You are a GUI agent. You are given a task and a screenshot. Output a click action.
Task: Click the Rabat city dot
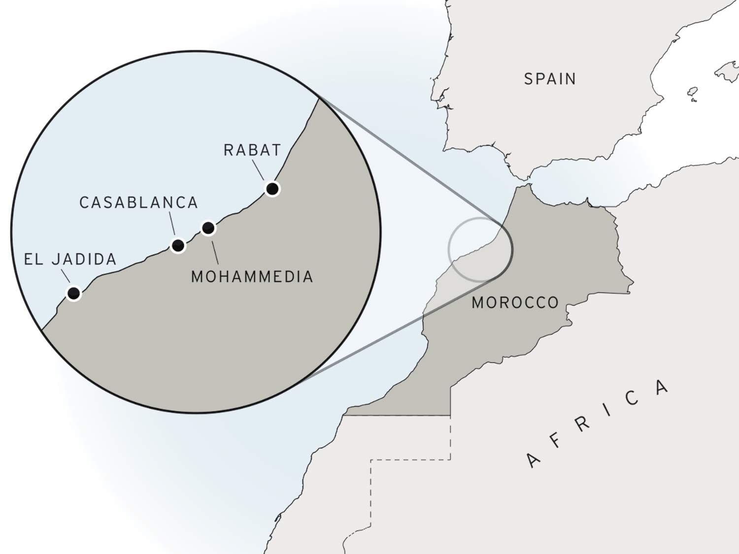click(x=272, y=189)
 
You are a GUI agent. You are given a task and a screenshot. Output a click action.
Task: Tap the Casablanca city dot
click(x=178, y=245)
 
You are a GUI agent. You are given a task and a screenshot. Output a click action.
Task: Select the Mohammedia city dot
click(x=208, y=228)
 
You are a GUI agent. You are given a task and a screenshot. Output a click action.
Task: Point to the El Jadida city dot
click(x=73, y=293)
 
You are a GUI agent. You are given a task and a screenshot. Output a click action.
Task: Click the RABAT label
click(x=252, y=150)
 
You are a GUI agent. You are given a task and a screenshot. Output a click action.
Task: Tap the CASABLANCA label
click(x=138, y=202)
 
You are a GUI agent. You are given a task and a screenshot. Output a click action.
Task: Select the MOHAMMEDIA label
click(x=252, y=277)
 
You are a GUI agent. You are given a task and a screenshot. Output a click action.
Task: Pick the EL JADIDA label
click(x=70, y=260)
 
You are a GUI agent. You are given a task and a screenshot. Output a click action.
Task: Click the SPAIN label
click(x=550, y=79)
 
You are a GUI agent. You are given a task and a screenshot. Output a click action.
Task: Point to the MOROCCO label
click(x=515, y=302)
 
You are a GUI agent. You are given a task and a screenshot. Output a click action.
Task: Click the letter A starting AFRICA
click(x=533, y=460)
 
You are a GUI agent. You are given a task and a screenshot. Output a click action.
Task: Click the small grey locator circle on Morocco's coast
click(x=449, y=249)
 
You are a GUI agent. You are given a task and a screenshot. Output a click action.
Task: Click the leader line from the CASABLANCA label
click(x=172, y=224)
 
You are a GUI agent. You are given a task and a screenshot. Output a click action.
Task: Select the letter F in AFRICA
click(x=556, y=441)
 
